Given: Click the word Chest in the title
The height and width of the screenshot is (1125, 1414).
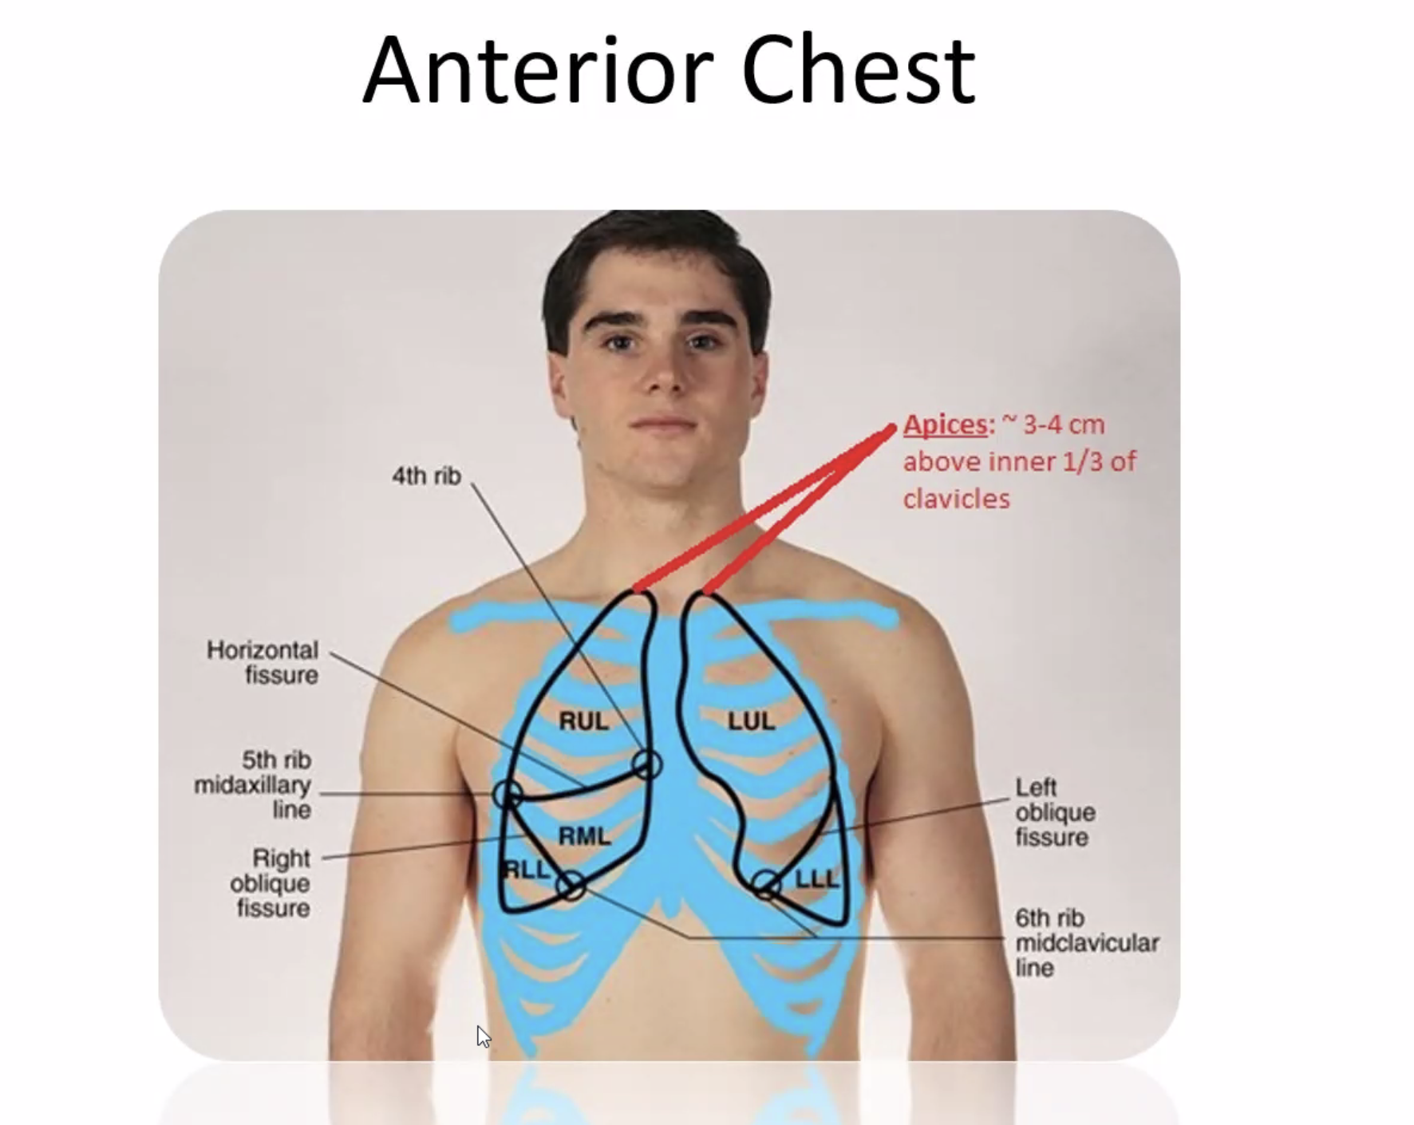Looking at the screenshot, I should [x=858, y=72].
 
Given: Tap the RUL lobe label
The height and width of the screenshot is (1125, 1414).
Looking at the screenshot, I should [x=583, y=721].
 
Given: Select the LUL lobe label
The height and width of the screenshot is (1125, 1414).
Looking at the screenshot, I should [x=751, y=721].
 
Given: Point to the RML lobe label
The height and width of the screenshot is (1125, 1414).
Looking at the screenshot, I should [x=584, y=836].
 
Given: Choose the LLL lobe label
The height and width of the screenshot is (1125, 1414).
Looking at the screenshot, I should [x=817, y=879].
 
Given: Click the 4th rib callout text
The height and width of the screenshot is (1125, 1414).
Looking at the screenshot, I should [x=426, y=476].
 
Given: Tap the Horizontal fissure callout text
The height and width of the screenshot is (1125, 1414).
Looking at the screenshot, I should [x=263, y=662].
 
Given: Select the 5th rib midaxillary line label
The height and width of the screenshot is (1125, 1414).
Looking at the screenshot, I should [x=254, y=784].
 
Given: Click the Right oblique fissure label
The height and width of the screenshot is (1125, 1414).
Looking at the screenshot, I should [x=271, y=882].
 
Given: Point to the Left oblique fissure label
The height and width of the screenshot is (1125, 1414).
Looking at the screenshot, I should [x=1054, y=812].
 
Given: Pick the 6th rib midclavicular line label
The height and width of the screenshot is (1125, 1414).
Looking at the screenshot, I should [x=1086, y=942].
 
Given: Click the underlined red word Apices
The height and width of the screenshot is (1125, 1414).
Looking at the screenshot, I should [x=946, y=424].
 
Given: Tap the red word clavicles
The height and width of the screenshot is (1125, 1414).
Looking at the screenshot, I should [x=956, y=499].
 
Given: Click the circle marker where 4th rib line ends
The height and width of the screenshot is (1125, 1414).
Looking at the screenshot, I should [x=647, y=764].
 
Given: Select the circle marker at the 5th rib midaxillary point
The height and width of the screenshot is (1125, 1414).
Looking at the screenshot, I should [x=508, y=795].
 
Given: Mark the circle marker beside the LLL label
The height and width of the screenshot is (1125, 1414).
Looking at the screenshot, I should [x=766, y=884].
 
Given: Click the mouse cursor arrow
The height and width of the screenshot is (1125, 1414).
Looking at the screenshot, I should [x=482, y=1036].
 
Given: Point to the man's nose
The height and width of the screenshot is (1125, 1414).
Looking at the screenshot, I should [x=665, y=375].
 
